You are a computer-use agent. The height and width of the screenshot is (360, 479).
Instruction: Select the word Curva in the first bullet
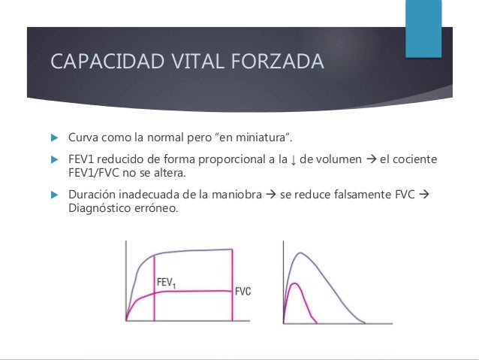pos(83,140)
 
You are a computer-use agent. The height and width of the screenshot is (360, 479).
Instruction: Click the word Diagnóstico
pos(100,209)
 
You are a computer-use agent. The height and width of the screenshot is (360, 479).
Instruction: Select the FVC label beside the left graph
pos(243,292)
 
